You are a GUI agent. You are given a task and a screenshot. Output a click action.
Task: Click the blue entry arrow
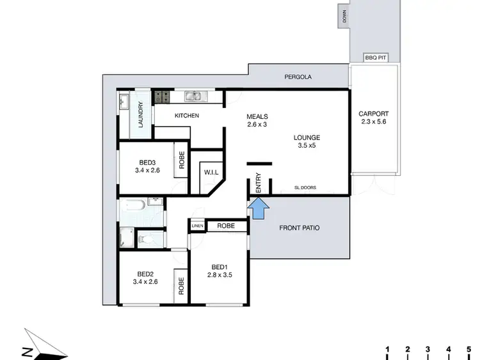pos(258,208)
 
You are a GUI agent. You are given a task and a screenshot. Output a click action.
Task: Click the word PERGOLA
pos(298,77)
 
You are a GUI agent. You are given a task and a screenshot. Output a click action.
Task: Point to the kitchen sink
pos(194,97)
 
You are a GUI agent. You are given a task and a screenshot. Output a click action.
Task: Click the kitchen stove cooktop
pos(161,97)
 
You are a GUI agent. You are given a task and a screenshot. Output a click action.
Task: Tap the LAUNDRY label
pos(140,115)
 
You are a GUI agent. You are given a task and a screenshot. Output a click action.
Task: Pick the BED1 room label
pos(220,267)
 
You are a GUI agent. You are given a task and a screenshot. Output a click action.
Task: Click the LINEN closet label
pos(196,226)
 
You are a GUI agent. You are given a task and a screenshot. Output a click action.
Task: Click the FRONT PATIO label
pos(300,228)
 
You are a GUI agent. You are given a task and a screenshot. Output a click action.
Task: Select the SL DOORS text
pos(305,187)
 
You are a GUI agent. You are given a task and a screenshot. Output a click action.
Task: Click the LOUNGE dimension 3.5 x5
pos(307,146)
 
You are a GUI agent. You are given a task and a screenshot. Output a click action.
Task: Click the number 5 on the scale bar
pos(469,349)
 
